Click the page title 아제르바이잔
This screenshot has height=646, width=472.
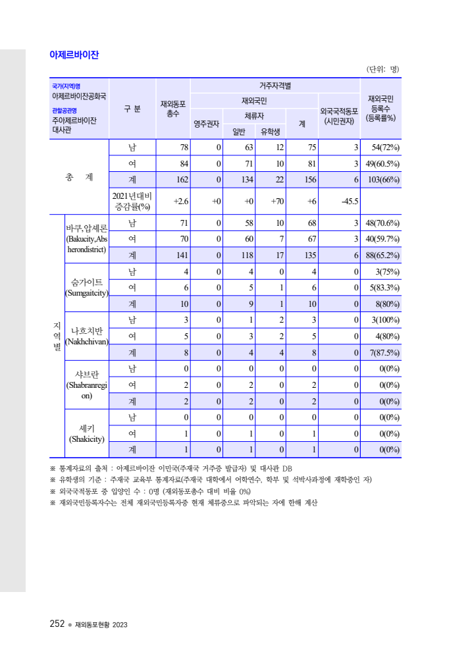pyautogui.click(x=74, y=55)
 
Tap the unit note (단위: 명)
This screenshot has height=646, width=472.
pyautogui.click(x=382, y=69)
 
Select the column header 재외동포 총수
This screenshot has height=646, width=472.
pyautogui.click(x=173, y=109)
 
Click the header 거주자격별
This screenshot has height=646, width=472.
pyautogui.click(x=275, y=86)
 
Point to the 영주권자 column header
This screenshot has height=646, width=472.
pyautogui.click(x=207, y=123)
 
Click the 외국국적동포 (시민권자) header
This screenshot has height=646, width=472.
pyautogui.click(x=339, y=116)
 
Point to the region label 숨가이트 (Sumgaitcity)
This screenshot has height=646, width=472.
pyautogui.click(x=87, y=288)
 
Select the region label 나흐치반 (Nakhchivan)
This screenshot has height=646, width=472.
pyautogui.click(x=87, y=336)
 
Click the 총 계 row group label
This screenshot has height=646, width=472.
pyautogui.click(x=79, y=176)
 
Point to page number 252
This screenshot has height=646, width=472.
pyautogui.click(x=57, y=624)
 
